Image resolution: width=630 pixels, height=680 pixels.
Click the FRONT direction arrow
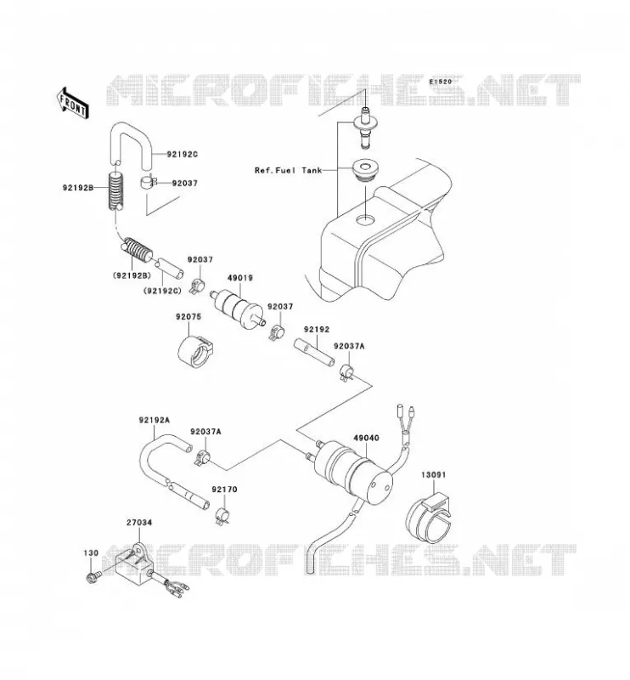(72, 103)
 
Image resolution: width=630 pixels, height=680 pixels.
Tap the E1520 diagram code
(441, 82)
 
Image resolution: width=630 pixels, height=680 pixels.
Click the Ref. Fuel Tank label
(288, 171)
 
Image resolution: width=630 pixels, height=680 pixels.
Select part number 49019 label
(240, 278)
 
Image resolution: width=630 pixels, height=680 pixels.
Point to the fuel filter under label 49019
(238, 309)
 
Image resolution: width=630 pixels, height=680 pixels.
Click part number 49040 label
(366, 438)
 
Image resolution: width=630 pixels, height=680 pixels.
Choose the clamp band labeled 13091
(428, 518)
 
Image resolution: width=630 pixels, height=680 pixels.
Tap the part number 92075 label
(188, 317)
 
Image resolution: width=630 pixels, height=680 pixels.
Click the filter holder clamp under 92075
(195, 351)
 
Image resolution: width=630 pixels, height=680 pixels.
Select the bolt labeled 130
(93, 577)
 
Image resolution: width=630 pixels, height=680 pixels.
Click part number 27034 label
(139, 523)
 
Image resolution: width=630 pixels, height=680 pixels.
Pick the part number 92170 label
(224, 490)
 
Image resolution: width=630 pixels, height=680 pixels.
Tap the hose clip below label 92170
(223, 516)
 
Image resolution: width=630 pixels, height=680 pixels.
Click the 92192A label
(155, 420)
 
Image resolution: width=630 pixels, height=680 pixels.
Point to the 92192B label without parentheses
(78, 188)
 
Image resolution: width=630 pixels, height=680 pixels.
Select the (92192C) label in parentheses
(162, 291)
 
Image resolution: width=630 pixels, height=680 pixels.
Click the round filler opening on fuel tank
(365, 220)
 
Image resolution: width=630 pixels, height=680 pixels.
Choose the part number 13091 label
(433, 475)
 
